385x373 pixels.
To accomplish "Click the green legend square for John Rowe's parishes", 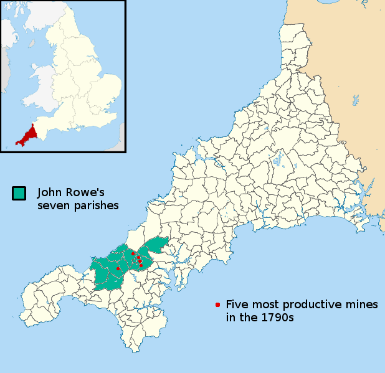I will (19, 193).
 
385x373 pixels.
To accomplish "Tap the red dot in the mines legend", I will (217, 305).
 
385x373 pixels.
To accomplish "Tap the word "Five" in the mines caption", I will (237, 305).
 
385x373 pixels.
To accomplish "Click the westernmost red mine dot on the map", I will (118, 268).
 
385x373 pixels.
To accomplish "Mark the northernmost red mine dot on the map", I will (133, 253).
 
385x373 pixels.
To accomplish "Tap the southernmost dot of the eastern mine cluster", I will (141, 266).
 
